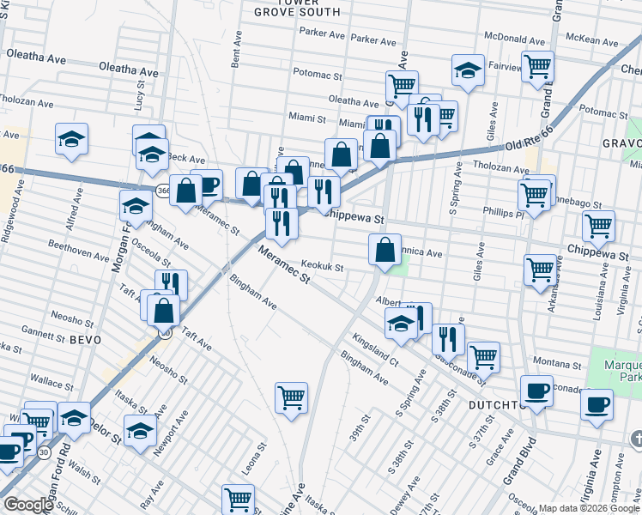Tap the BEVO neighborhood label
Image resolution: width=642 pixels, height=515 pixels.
(84, 340)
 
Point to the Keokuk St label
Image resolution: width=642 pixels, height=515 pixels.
(326, 267)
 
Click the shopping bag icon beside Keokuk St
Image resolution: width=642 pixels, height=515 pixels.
(385, 251)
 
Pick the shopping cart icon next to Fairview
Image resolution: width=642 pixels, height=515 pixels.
(537, 65)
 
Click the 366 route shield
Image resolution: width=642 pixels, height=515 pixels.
(163, 190)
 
